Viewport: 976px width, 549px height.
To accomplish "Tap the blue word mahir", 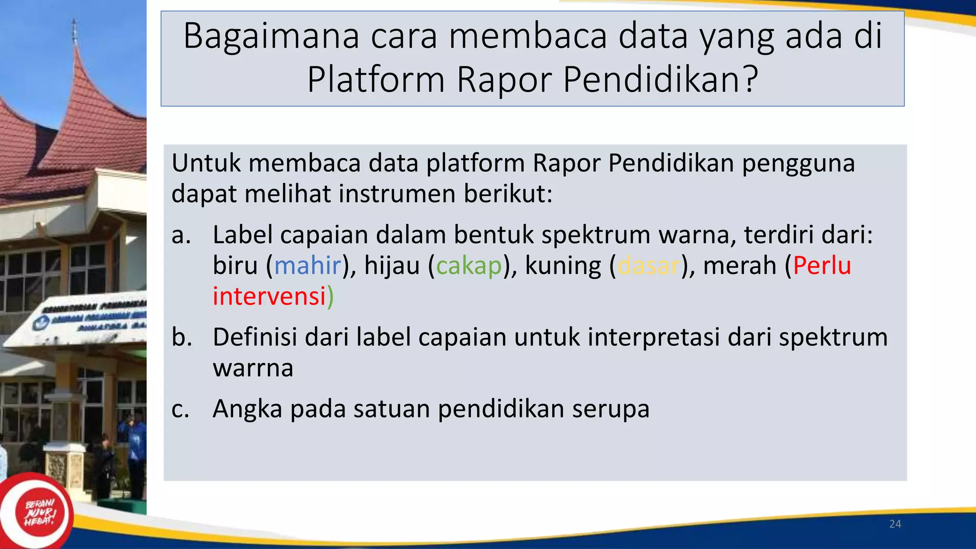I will (x=308, y=265).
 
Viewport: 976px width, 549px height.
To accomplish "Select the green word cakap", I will (x=469, y=266).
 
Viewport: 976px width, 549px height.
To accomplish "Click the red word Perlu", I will (x=822, y=265).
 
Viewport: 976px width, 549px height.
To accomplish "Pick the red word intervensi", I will (x=269, y=296).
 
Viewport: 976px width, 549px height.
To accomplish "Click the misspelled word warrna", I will (x=253, y=368).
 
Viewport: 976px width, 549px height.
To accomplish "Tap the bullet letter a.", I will (x=181, y=235).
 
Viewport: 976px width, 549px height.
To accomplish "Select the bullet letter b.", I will (x=182, y=337).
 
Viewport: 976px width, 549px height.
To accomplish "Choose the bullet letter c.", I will (x=180, y=409).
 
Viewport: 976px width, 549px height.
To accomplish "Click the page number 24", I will (x=895, y=524).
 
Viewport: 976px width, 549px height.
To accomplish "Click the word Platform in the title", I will (x=376, y=80).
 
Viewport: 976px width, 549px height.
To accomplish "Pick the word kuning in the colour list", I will (x=563, y=266).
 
